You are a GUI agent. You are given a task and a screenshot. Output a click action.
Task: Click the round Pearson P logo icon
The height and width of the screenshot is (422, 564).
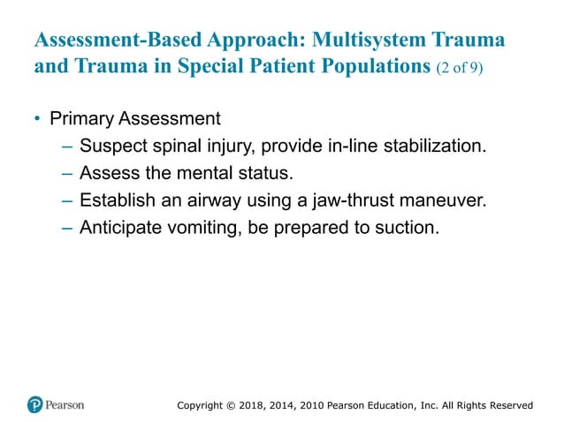pyautogui.click(x=34, y=405)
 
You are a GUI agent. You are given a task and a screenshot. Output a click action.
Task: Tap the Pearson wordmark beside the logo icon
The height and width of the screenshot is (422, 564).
pyautogui.click(x=65, y=405)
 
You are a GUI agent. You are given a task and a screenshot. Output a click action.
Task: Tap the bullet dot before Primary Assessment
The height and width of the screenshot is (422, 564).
pyautogui.click(x=38, y=118)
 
